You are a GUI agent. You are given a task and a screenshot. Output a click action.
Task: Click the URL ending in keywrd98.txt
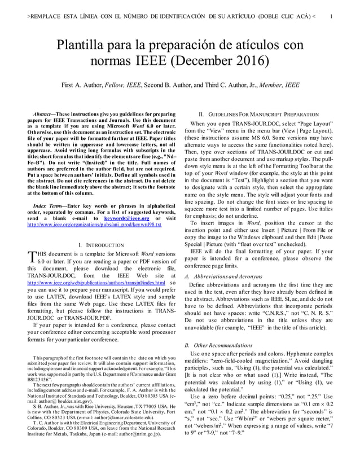[94, 225]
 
